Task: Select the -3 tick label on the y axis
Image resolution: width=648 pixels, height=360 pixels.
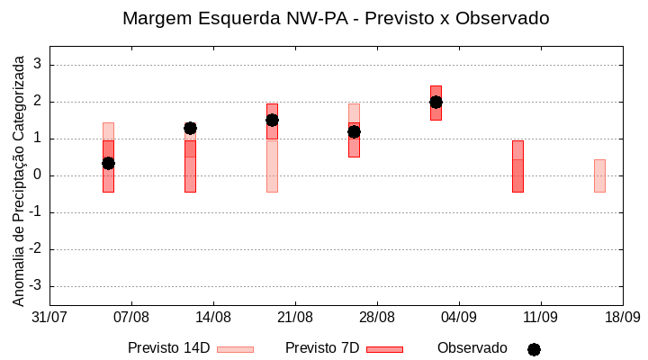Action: coord(36,286)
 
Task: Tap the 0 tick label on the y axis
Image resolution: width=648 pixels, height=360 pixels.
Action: coord(38,175)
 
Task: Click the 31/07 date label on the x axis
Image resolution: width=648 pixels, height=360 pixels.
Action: coord(49,317)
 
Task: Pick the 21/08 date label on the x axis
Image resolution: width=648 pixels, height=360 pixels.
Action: coord(295,317)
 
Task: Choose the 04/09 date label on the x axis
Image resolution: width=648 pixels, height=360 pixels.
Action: coord(459,317)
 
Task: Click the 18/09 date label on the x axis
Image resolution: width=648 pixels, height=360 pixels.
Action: coord(622,317)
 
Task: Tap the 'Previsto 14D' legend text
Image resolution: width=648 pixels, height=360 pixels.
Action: coord(168,348)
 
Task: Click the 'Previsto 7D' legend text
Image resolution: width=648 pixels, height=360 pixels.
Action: coord(322,348)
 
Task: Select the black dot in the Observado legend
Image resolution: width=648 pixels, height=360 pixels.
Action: coord(534,349)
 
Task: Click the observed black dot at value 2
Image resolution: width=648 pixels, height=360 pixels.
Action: coord(436,102)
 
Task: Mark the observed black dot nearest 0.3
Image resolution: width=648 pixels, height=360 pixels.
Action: coord(108,163)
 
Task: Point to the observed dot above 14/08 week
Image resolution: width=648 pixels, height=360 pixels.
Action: coord(190,128)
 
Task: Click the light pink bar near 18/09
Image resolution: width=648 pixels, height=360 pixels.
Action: coord(599,175)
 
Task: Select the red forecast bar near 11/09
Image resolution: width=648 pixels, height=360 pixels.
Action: coord(517,166)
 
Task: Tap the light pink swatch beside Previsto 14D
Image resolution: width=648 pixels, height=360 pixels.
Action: coord(235,349)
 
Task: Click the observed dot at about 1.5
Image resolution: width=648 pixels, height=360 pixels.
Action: coord(272,120)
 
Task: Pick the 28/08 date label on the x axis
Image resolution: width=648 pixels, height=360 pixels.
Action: coord(377,317)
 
